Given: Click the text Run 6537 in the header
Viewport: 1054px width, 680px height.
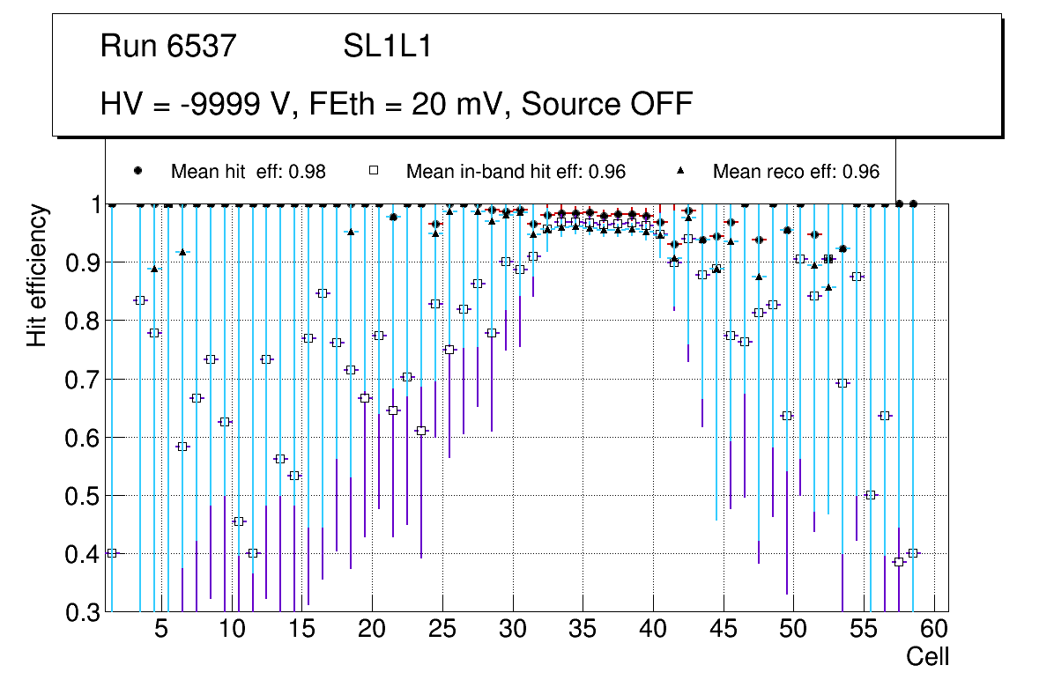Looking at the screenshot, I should coord(168,47).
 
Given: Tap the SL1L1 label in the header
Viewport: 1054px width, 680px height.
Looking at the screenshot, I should coord(387,47).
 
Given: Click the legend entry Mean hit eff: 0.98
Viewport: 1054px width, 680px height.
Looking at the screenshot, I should coord(248,172).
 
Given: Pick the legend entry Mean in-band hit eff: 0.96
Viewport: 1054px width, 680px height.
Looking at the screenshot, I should coord(516,172).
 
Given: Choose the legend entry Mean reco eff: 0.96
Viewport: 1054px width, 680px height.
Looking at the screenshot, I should coord(796,172).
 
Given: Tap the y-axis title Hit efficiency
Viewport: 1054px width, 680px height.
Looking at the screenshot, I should coord(37,275).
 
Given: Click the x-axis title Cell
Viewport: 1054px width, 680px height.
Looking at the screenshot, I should coord(928,656).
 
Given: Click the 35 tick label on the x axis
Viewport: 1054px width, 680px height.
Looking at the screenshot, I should coord(582,631).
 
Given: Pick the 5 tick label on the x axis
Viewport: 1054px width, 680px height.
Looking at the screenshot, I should coord(160,631).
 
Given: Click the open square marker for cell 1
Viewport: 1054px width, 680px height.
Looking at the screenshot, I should coord(112,553).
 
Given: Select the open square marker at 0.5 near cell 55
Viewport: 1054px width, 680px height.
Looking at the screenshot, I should coord(871,495).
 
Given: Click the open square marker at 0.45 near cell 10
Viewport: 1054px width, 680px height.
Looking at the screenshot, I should coord(239,521).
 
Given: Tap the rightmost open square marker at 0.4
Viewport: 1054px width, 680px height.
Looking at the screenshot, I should coord(913,553).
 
